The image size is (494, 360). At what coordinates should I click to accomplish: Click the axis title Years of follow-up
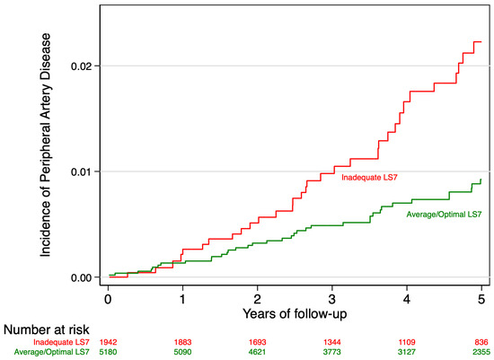click(x=295, y=313)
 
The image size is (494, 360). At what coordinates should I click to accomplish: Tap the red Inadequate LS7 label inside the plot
click(x=371, y=178)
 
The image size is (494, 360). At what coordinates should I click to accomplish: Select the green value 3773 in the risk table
click(x=332, y=352)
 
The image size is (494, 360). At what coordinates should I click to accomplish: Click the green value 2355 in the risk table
click(x=481, y=352)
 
